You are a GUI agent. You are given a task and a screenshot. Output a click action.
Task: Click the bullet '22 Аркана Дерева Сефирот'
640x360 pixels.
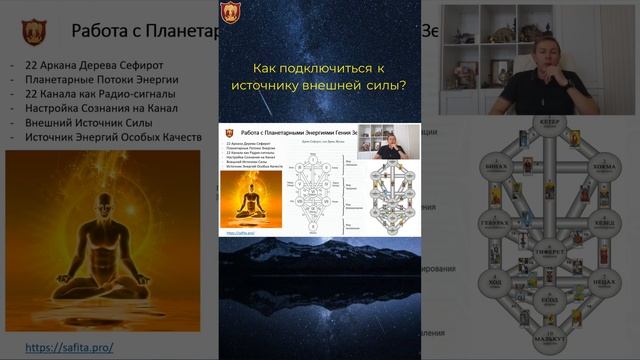[x=95, y=65]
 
